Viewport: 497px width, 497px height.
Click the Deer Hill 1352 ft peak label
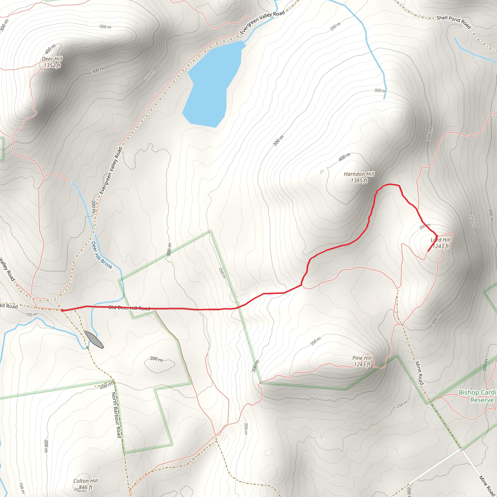tap(52, 62)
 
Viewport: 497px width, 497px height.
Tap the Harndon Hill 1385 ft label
tap(359, 177)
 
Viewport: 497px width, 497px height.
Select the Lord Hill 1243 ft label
tap(441, 243)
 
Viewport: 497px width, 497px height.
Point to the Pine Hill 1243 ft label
tap(362, 361)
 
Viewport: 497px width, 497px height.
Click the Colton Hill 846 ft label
tap(86, 484)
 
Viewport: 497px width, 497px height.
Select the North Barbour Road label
tap(116, 415)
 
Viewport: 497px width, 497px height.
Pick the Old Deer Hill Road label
tap(129, 308)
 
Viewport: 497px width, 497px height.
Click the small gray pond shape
tap(94, 340)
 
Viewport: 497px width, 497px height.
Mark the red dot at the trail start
tap(62, 310)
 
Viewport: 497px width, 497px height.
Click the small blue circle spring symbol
tap(74, 183)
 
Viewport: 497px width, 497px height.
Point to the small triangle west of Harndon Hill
tap(322, 172)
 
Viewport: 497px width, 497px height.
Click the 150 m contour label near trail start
tap(31, 314)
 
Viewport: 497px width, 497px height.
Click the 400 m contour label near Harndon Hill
tap(344, 157)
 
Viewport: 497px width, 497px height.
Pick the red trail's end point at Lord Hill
tap(428, 251)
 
